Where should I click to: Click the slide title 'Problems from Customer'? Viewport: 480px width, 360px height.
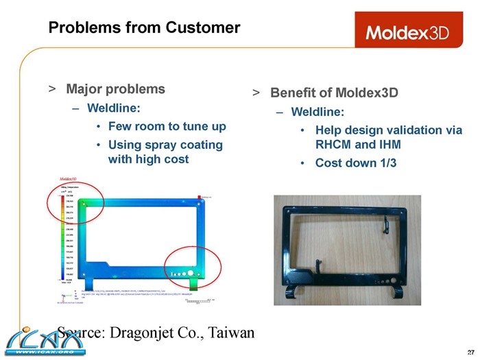(x=144, y=28)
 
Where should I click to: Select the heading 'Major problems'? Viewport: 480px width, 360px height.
(x=115, y=89)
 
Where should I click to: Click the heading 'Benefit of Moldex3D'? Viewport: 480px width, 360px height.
(x=334, y=93)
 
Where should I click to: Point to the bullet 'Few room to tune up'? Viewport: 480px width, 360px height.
(x=167, y=127)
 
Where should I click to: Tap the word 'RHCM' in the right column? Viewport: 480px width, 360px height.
(x=336, y=145)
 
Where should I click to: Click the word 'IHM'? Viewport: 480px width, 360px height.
(x=387, y=145)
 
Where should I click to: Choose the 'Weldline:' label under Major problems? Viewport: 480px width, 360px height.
(x=113, y=108)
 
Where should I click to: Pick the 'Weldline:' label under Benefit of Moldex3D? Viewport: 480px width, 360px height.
(x=317, y=111)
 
